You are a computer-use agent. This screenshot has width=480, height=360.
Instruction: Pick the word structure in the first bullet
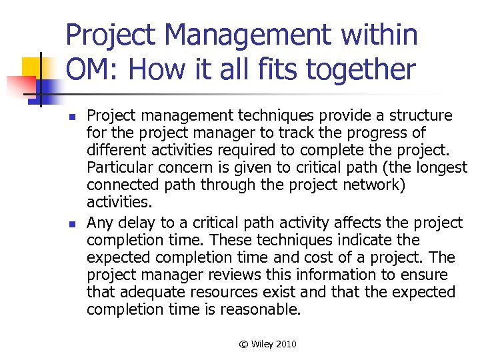(421, 116)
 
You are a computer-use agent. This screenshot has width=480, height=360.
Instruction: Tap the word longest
(443, 168)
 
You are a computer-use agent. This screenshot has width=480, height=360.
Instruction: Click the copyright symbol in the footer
(243, 344)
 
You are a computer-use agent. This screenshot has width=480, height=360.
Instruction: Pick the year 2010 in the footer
(285, 344)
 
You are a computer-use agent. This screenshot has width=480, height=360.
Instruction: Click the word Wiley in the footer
(262, 344)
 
